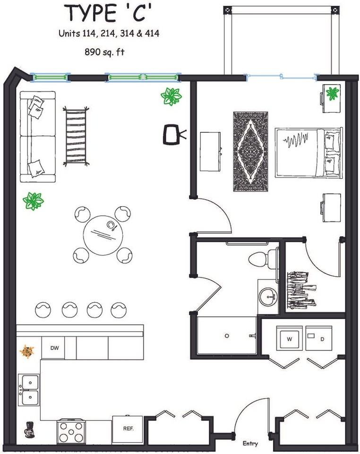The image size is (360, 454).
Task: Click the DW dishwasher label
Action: pyautogui.click(x=54, y=348)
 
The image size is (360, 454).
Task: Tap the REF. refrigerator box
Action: pyautogui.click(x=128, y=429)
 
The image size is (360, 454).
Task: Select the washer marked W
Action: pyautogui.click(x=289, y=338)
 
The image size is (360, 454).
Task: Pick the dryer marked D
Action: pyautogui.click(x=319, y=338)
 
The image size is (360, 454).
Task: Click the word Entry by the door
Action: pyautogui.click(x=250, y=444)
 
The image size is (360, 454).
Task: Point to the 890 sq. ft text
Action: pyautogui.click(x=104, y=52)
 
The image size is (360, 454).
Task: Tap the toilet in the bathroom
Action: pyautogui.click(x=263, y=259)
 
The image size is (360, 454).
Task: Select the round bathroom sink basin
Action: pyautogui.click(x=267, y=297)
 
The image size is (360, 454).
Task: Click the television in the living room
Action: pyautogui.click(x=174, y=134)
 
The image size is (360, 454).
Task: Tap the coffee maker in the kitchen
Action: pyautogui.click(x=29, y=428)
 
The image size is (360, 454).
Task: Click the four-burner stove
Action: pyautogui.click(x=71, y=431)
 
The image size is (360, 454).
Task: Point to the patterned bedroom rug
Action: pyautogui.click(x=251, y=151)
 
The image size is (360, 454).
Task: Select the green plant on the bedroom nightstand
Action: pyautogui.click(x=332, y=93)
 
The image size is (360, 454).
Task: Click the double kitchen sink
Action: pyautogui.click(x=29, y=390)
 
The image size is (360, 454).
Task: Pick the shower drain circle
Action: pyautogui.click(x=227, y=336)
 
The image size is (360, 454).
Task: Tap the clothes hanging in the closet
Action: pyautogui.click(x=301, y=290)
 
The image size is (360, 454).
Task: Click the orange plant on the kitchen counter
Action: pyautogui.click(x=26, y=351)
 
